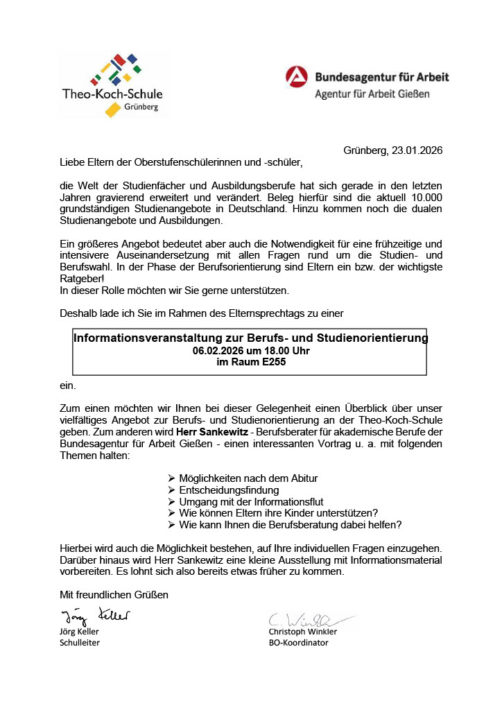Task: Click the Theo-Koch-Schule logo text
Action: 112,94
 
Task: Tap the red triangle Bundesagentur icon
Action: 297,76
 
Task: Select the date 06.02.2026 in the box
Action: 221,350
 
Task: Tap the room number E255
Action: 270,361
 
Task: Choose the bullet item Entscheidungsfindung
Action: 219,490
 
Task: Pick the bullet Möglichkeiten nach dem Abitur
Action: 248,478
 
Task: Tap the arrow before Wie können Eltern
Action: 172,513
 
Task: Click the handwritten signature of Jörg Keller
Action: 95,615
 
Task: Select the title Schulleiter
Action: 80,643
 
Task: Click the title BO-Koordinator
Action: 299,643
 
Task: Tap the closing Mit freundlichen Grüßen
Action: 114,595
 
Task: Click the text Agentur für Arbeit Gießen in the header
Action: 372,94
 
